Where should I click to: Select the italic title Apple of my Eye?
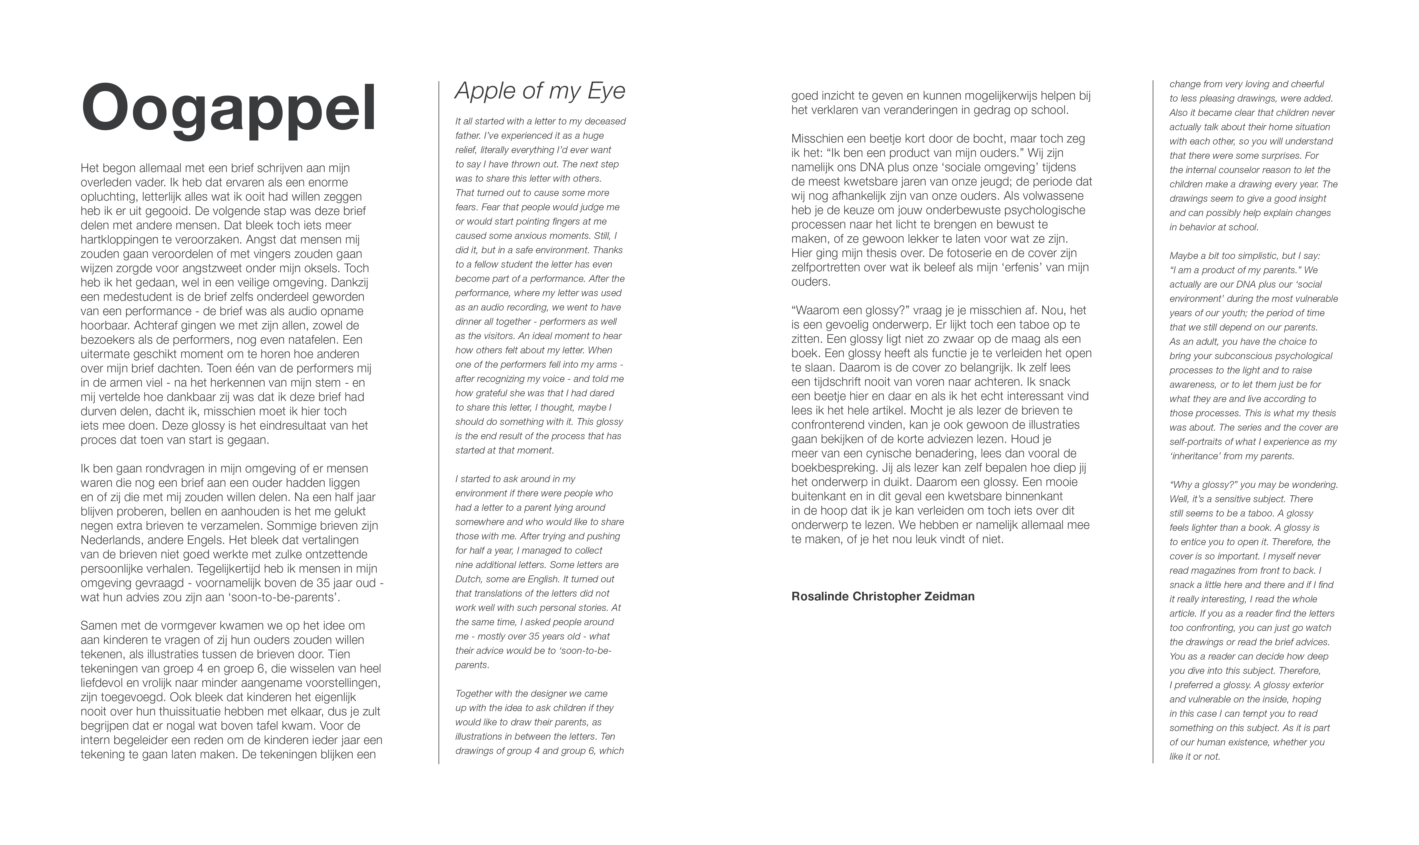click(x=539, y=91)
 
